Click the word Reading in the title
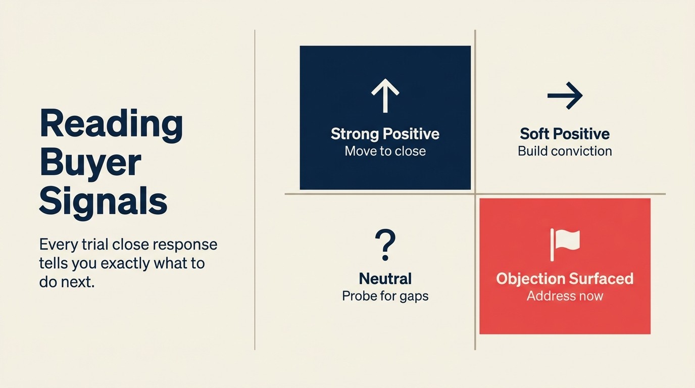[111, 124]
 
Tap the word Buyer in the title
[90, 163]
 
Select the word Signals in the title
[103, 201]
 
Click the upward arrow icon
[385, 96]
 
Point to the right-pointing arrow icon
[565, 95]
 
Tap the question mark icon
[385, 245]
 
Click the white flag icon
[565, 245]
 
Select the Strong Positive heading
[385, 134]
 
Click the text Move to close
[385, 151]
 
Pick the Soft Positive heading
[565, 134]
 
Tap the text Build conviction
[565, 151]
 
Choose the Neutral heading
[385, 278]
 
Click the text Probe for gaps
[385, 296]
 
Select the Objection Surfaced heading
[565, 278]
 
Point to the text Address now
[565, 296]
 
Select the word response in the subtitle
[186, 245]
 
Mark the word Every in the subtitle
[58, 245]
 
